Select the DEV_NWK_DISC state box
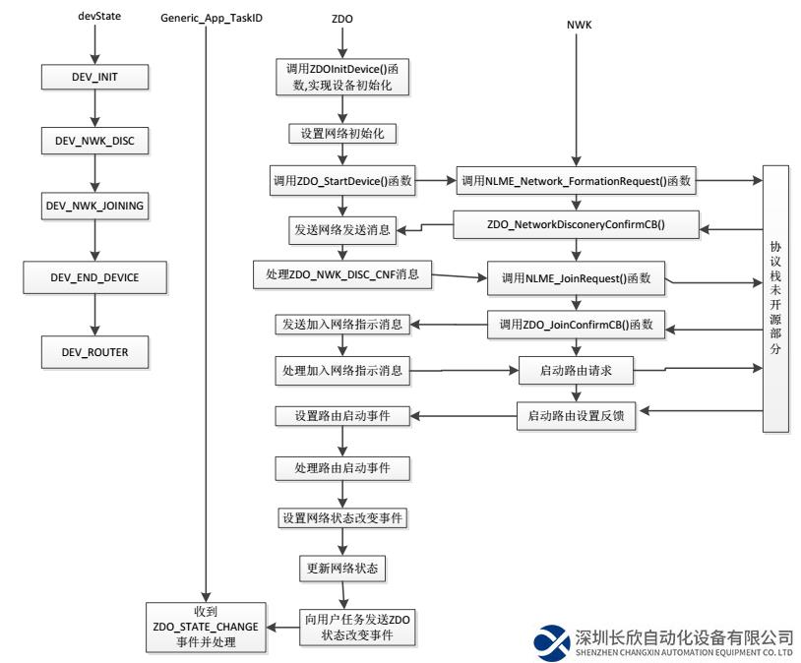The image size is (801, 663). pos(94,141)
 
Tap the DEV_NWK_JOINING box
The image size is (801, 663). pos(94,208)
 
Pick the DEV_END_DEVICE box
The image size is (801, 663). pos(94,277)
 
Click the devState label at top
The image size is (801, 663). pos(94,17)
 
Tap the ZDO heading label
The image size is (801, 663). pos(341,18)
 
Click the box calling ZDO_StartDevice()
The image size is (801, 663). pos(341,181)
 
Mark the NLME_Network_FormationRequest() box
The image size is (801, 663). pos(577,181)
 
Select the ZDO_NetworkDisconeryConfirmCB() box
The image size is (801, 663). pos(577,225)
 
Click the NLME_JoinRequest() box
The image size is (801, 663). pos(577,278)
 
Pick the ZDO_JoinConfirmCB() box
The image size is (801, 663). pos(577,324)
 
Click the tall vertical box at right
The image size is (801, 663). pos(776,297)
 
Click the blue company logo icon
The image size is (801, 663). pos(552,642)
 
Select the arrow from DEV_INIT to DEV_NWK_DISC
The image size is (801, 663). pos(94,107)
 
